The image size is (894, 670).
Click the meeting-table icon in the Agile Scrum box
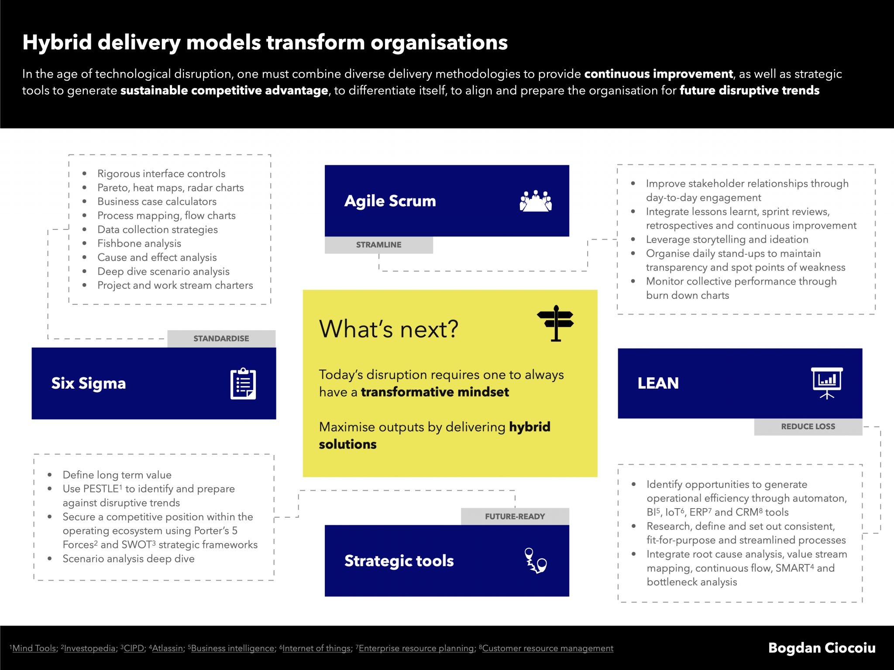536,201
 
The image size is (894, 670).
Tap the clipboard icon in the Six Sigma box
243,383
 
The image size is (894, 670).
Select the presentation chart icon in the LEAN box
827,383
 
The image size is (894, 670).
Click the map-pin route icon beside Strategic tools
535,561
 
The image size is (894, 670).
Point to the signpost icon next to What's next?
555,323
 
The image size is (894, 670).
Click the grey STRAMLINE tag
378,245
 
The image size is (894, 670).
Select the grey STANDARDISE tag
221,338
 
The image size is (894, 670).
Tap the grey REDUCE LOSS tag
808,427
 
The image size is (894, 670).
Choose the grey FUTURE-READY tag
515,516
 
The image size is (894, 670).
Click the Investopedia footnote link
89,648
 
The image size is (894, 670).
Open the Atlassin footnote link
168,648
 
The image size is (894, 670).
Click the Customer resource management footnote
547,648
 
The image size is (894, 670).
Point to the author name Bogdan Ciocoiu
822,648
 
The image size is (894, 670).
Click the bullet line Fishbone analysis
139,243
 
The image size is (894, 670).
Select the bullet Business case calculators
157,202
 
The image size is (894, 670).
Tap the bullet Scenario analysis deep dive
128,559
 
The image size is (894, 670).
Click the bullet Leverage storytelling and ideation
727,239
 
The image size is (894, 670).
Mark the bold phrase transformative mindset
435,392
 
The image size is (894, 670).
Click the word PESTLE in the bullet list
101,489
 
